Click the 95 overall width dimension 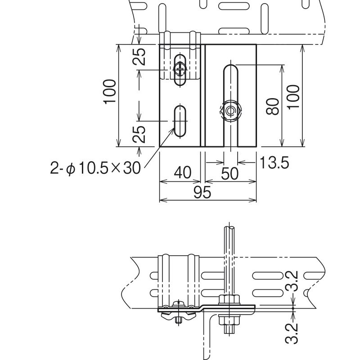(202, 192)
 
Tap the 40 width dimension (183, 172)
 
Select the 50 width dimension (230, 174)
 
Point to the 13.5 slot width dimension (274, 162)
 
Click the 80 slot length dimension (273, 106)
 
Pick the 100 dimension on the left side (109, 92)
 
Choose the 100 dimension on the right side (293, 97)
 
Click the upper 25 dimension (139, 57)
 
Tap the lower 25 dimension (139, 134)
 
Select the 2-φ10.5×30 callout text (95, 168)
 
